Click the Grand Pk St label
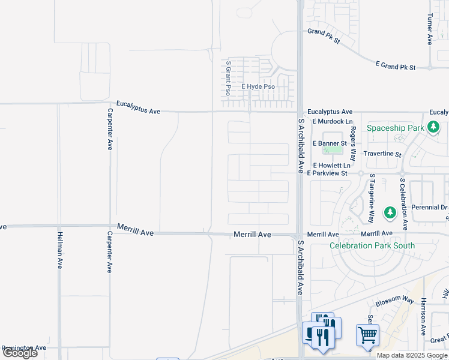[324, 36]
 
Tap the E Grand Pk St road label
[395, 65]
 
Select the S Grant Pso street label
[228, 77]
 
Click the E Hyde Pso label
[258, 87]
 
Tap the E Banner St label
[330, 143]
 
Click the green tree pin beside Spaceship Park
[435, 128]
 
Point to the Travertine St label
[382, 154]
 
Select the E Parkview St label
[327, 173]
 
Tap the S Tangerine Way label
[372, 198]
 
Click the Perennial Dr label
[429, 208]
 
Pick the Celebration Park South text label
[372, 245]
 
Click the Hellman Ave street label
[60, 251]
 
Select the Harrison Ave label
[424, 316]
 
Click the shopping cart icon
[367, 335]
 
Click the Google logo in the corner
[20, 353]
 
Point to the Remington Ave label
[24, 348]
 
